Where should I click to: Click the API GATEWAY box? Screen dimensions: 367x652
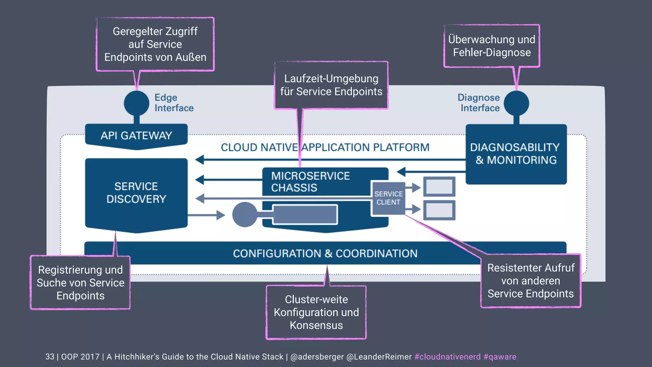[x=136, y=136]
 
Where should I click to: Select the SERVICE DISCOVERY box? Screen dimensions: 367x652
[x=136, y=193]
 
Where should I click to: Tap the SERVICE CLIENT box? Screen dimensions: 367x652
[x=388, y=198]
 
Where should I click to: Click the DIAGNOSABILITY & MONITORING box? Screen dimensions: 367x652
[x=516, y=154]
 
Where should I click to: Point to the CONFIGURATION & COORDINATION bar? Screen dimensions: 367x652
[x=325, y=253]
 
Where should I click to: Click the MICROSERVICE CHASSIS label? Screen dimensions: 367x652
[x=310, y=182]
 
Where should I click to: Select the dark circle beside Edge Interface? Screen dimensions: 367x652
[x=137, y=103]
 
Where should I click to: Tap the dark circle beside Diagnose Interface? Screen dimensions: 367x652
[x=516, y=103]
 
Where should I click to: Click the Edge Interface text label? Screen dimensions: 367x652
[x=174, y=103]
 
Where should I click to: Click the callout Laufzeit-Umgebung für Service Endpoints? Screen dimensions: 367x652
[x=331, y=85]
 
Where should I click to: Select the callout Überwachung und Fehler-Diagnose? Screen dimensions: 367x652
[x=492, y=46]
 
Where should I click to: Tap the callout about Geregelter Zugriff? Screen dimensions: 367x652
[x=155, y=44]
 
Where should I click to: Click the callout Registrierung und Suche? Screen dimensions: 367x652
[x=80, y=283]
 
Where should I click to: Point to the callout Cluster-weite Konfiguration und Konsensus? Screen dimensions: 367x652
[x=316, y=312]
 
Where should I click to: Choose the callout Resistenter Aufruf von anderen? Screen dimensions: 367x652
[x=531, y=281]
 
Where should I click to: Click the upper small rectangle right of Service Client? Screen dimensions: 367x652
[x=439, y=186]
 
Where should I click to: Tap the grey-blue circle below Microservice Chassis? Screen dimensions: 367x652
[x=244, y=214]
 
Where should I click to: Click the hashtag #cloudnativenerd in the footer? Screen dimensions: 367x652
[x=447, y=357]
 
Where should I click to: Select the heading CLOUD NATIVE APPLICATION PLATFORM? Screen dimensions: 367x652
[x=325, y=147]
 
